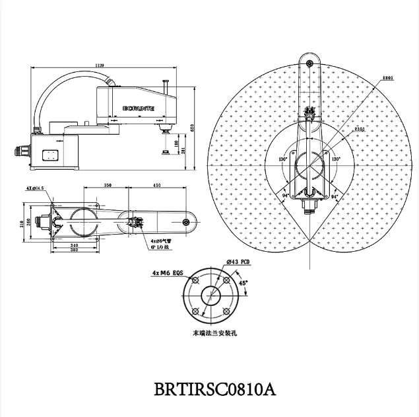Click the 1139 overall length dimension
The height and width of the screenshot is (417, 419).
pos(100,65)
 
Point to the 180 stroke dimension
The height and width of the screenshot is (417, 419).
pos(176,143)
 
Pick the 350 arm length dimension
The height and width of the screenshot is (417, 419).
pos(108,186)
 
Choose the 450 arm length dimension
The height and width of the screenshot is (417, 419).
pos(156,186)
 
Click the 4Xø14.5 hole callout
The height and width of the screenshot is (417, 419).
pos(35,188)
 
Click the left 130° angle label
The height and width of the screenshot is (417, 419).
pos(283,159)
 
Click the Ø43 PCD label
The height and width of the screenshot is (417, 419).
pos(238,262)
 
